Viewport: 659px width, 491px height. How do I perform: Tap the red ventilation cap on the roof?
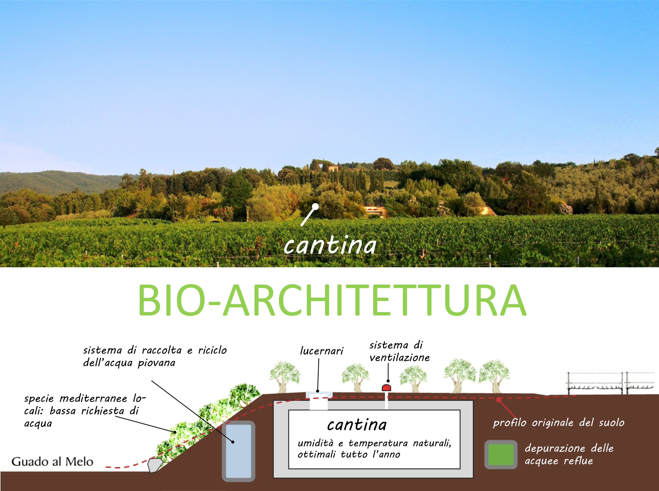pyautogui.click(x=386, y=387)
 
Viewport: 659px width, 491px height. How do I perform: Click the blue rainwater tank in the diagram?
pyautogui.click(x=239, y=451)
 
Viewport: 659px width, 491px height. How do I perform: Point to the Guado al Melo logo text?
pyautogui.click(x=52, y=462)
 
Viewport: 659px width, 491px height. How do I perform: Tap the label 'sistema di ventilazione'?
pyautogui.click(x=399, y=351)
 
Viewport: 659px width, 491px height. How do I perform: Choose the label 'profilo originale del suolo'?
pyautogui.click(x=559, y=423)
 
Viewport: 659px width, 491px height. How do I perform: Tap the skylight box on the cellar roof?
pyautogui.click(x=319, y=400)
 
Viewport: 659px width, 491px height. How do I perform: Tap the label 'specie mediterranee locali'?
pyautogui.click(x=85, y=411)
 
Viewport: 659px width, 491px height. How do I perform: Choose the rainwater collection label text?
pyautogui.click(x=155, y=356)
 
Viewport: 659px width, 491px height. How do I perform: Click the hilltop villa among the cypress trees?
pyautogui.click(x=333, y=168)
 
